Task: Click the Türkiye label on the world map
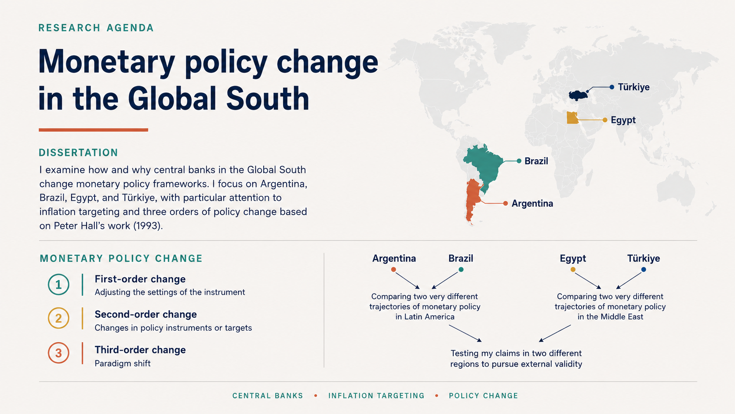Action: pos(633,87)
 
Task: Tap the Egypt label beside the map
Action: pos(623,120)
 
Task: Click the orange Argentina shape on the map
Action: pos(473,200)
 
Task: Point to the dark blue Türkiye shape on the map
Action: pos(578,95)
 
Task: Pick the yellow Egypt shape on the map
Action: pos(572,118)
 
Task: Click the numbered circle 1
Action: pos(58,284)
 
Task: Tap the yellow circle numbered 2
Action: pos(58,318)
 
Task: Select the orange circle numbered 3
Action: pos(58,353)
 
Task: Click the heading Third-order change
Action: pos(140,350)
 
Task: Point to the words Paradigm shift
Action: pos(122,363)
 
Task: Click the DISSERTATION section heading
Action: pos(78,153)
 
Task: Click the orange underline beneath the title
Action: pos(94,130)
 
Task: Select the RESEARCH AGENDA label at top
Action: pos(96,28)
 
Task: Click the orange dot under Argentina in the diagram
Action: pos(393,270)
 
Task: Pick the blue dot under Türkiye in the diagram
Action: pos(644,270)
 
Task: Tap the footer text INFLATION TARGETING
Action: pos(376,396)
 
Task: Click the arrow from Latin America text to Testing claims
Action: pos(465,333)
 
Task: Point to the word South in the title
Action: pos(268,99)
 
